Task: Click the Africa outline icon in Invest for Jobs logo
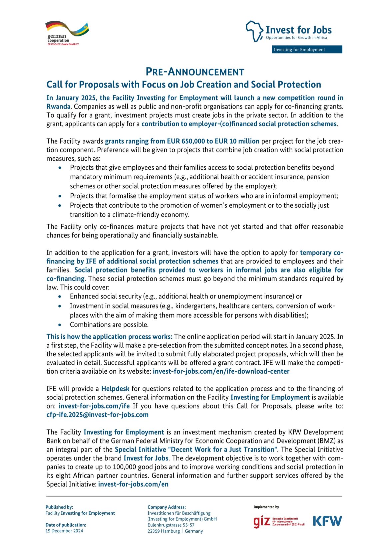(x=254, y=31)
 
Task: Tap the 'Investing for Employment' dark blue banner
(x=307, y=49)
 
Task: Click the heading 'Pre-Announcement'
(x=195, y=72)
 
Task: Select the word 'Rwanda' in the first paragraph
(x=58, y=107)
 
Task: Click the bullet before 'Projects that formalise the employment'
(x=60, y=196)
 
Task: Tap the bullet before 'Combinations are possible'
(x=60, y=325)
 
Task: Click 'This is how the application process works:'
(x=109, y=337)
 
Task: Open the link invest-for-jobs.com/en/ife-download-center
(x=221, y=371)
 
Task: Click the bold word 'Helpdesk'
(x=115, y=389)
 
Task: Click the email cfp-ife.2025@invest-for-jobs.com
(x=97, y=415)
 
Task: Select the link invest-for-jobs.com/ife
(x=94, y=406)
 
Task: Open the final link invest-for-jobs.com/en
(x=133, y=484)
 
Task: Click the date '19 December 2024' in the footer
(x=64, y=531)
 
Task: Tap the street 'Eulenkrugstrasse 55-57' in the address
(x=171, y=525)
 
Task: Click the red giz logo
(x=261, y=521)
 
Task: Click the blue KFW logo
(x=327, y=521)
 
